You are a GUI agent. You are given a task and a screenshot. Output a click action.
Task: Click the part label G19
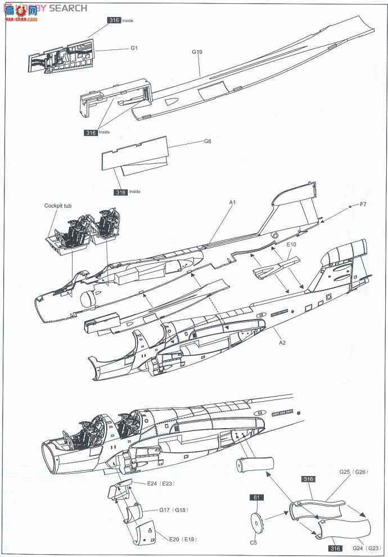point(197,52)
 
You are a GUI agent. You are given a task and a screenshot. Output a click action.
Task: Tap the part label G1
point(134,48)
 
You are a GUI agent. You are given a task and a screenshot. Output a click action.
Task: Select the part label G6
point(207,142)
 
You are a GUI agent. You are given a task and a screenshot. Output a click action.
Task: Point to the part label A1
point(232,202)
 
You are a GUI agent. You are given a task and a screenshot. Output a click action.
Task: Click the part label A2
point(283,343)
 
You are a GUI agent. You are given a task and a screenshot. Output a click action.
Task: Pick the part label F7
point(363,205)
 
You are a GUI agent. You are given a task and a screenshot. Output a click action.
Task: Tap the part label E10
point(291,245)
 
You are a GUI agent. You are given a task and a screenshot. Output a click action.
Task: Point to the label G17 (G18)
point(173,510)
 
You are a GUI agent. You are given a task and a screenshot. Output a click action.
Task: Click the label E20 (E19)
point(182,539)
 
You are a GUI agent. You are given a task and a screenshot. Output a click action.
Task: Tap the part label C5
point(254,542)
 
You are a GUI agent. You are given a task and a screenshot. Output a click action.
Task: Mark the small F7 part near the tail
point(350,206)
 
